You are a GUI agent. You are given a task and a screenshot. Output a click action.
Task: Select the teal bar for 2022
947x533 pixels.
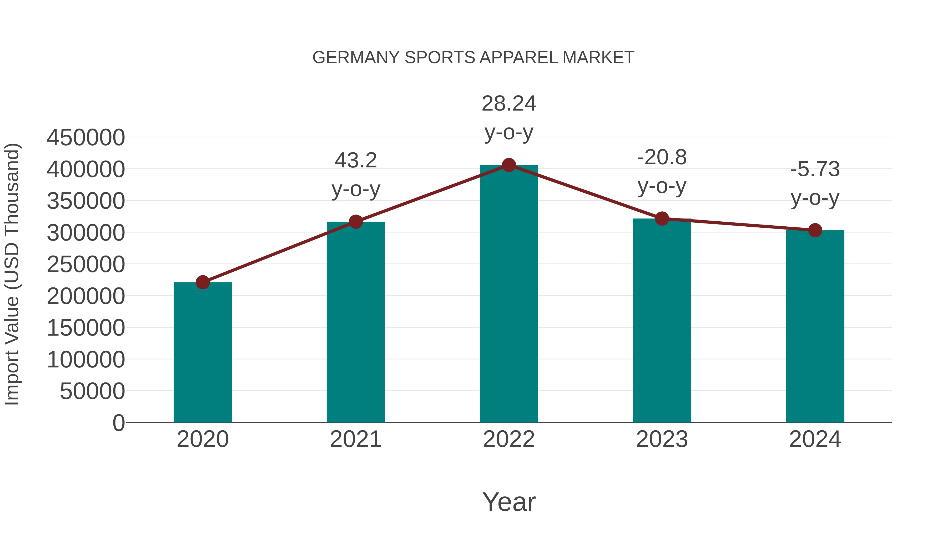pyautogui.click(x=509, y=294)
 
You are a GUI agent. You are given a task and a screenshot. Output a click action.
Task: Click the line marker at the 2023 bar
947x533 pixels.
pyautogui.click(x=662, y=218)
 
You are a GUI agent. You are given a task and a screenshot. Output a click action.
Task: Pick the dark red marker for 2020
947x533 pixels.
pyautogui.click(x=203, y=282)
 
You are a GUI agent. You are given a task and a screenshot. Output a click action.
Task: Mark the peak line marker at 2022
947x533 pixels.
pyautogui.click(x=509, y=165)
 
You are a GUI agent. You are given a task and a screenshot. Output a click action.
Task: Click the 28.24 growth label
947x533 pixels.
pyautogui.click(x=509, y=104)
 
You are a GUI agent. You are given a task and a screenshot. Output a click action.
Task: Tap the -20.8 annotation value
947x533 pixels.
pyautogui.click(x=662, y=158)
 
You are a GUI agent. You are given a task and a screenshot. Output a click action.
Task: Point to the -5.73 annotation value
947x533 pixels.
pyautogui.click(x=815, y=170)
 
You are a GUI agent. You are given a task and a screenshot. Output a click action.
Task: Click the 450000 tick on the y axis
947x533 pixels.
pyautogui.click(x=86, y=138)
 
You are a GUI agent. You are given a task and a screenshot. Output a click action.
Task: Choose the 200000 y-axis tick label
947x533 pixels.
pyautogui.click(x=86, y=296)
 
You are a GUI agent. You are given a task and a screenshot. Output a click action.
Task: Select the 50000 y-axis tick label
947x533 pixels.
pyautogui.click(x=92, y=391)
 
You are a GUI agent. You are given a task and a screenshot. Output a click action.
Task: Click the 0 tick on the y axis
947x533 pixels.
pyautogui.click(x=119, y=423)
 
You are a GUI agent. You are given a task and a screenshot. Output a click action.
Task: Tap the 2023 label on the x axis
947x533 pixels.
pyautogui.click(x=662, y=440)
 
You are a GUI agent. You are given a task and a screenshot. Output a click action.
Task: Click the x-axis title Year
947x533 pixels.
pyautogui.click(x=509, y=502)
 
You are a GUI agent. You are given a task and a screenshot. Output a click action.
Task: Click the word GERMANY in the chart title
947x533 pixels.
pyautogui.click(x=355, y=58)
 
